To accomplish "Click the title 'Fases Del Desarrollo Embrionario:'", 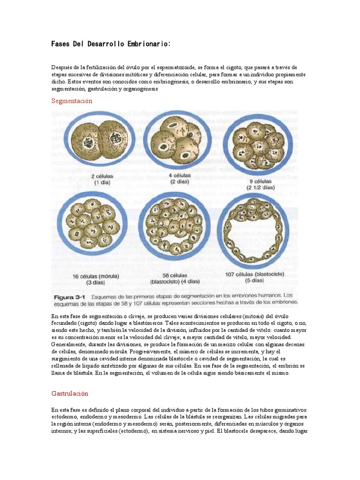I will pyautogui.click(x=111, y=44).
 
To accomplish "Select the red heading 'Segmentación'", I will pyautogui.click(x=72, y=101).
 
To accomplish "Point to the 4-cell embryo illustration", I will pyautogui.click(x=176, y=141).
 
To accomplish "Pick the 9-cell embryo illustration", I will pyautogui.click(x=258, y=143).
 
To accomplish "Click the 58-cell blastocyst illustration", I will pyautogui.click(x=174, y=226).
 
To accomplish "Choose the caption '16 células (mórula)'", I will pyautogui.click(x=96, y=276).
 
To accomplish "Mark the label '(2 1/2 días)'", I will pyautogui.click(x=262, y=187).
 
